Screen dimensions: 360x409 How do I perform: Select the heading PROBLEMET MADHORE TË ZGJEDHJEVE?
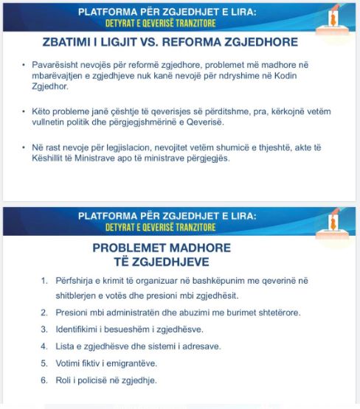coord(162,254)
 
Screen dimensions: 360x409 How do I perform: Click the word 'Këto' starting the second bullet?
coord(41,111)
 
